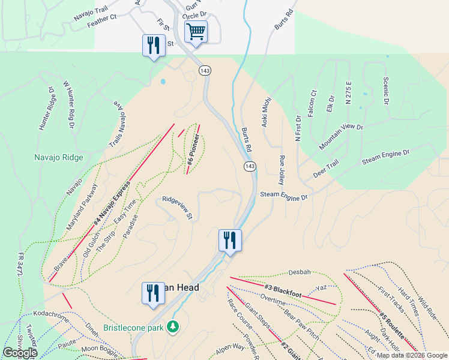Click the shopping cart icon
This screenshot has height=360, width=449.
(x=196, y=32)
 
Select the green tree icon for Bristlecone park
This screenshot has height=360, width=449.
(x=173, y=326)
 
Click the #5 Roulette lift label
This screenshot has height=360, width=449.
(x=392, y=324)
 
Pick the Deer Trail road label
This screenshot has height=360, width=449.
(x=326, y=169)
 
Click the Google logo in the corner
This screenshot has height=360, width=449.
(x=20, y=353)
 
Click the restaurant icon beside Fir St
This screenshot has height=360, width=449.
(x=154, y=46)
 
